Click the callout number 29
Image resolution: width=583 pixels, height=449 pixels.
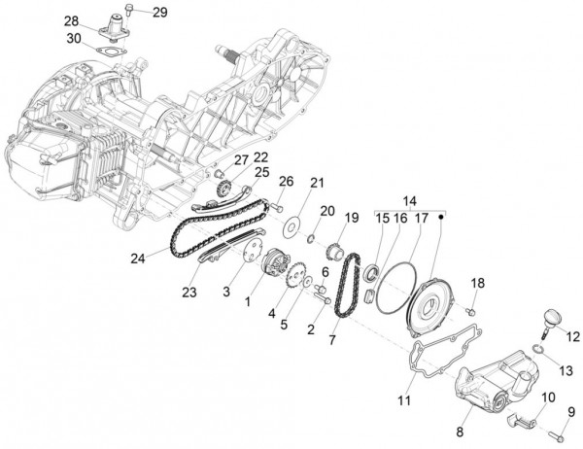coord(159,12)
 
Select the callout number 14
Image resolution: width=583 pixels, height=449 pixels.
coord(409,201)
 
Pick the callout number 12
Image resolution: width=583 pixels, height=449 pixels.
coord(572,336)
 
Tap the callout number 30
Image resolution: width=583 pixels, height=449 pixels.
coord(75,38)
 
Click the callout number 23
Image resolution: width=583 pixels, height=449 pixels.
coord(189,292)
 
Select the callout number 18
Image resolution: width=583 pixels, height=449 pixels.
coord(477,283)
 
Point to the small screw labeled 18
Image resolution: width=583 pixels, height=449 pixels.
coord(470,312)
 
